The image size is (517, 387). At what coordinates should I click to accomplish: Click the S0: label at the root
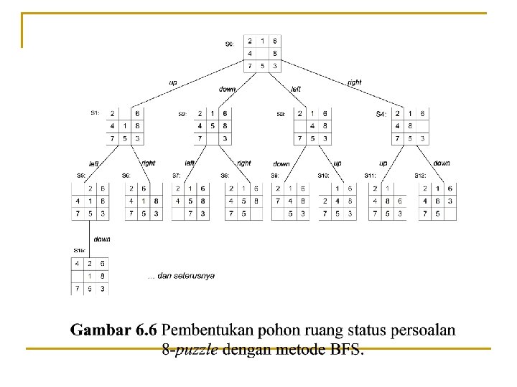(229, 44)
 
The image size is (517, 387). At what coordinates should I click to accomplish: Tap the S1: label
(95, 113)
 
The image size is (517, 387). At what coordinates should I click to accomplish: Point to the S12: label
(420, 176)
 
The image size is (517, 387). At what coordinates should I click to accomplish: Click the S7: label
(177, 176)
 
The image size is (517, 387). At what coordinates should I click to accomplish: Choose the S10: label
(323, 176)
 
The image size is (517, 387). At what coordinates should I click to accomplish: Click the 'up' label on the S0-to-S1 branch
(173, 82)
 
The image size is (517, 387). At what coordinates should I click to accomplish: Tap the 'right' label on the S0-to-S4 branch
(354, 82)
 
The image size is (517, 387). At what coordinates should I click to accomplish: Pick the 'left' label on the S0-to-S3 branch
(296, 89)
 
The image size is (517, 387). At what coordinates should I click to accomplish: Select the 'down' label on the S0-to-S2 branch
(227, 89)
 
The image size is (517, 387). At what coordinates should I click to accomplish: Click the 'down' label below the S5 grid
(101, 239)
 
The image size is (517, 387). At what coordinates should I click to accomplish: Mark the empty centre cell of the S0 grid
(263, 53)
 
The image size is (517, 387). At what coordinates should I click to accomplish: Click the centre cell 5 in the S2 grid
(213, 126)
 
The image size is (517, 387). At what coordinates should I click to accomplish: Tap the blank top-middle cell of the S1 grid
(125, 114)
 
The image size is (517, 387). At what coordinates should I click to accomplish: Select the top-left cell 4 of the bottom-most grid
(78, 263)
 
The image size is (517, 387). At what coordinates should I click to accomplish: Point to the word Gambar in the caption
(99, 330)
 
